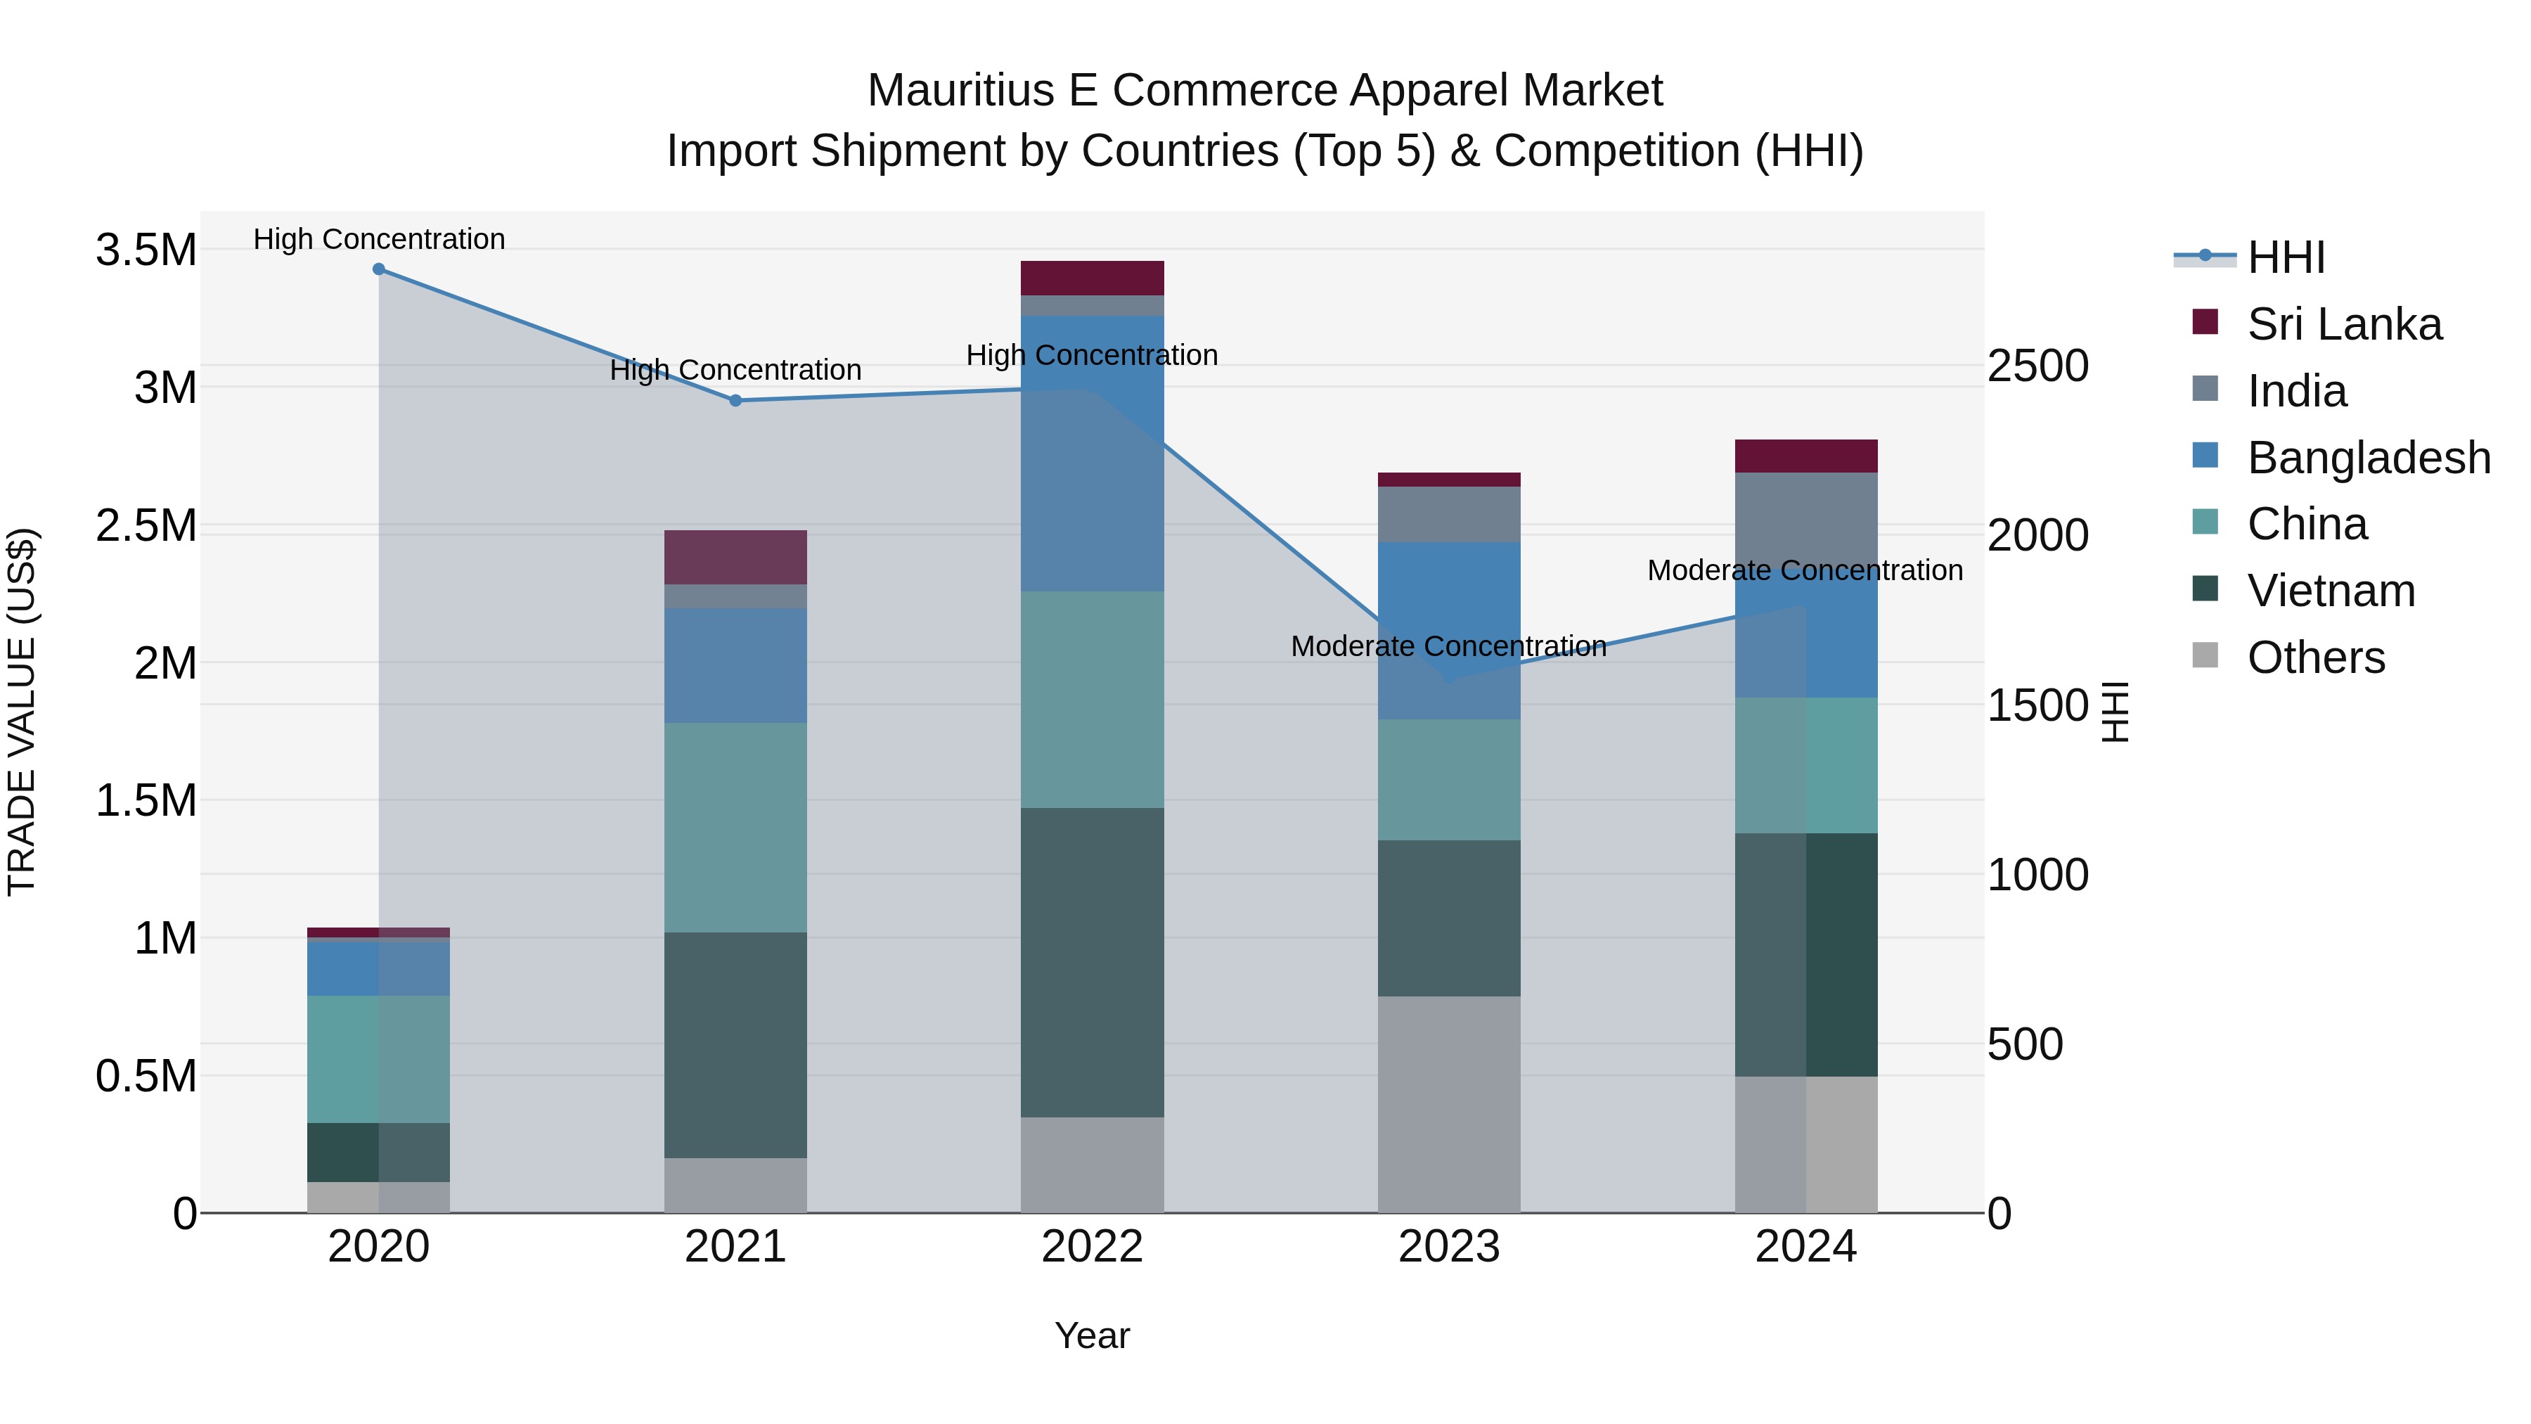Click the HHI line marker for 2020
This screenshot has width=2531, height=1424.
(379, 269)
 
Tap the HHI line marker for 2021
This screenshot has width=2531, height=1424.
(736, 401)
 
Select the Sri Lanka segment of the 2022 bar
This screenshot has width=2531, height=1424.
(1092, 278)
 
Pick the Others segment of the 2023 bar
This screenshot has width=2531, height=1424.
(1448, 1105)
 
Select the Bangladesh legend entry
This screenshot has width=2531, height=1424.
(2368, 458)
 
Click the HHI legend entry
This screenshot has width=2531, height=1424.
(2286, 257)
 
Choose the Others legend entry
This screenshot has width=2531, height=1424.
(2315, 658)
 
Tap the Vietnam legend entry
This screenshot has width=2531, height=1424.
(2330, 591)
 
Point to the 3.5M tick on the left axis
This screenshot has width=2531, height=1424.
(146, 250)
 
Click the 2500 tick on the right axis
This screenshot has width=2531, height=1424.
(2037, 366)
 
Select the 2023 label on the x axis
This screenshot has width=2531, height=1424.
(1448, 1247)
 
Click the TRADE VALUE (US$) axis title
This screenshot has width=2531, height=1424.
(22, 712)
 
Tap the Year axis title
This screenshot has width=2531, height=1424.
(1092, 1335)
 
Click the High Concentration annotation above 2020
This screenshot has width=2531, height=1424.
(379, 239)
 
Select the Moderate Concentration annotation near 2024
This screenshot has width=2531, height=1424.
(1804, 570)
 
